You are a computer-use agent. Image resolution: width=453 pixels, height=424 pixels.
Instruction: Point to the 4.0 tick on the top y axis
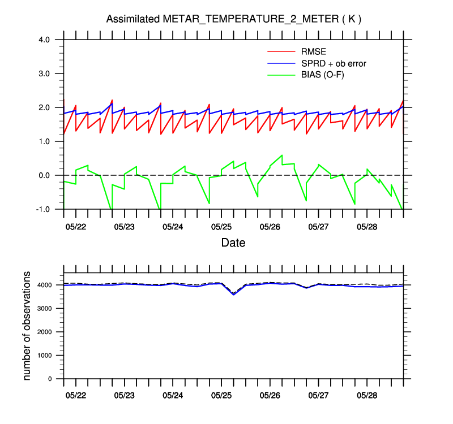coord(45,40)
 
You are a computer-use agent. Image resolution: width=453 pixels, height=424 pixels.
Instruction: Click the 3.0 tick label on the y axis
coord(45,73)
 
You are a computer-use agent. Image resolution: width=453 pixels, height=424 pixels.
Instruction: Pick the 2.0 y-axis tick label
coord(45,107)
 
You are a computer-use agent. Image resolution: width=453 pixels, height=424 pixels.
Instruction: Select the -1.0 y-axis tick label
coord(44,209)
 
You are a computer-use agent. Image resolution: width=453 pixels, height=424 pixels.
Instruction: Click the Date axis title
coord(233,243)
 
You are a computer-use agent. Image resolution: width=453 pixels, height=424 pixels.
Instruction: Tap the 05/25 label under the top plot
coord(221,227)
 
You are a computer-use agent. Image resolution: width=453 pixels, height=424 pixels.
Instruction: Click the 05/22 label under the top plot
coord(76,227)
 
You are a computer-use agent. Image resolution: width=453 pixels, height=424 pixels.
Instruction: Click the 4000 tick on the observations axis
coord(46,285)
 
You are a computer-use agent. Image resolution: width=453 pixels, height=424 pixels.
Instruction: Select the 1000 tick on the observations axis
coord(46,356)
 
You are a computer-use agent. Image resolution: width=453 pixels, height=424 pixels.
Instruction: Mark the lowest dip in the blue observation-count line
coord(233,295)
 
